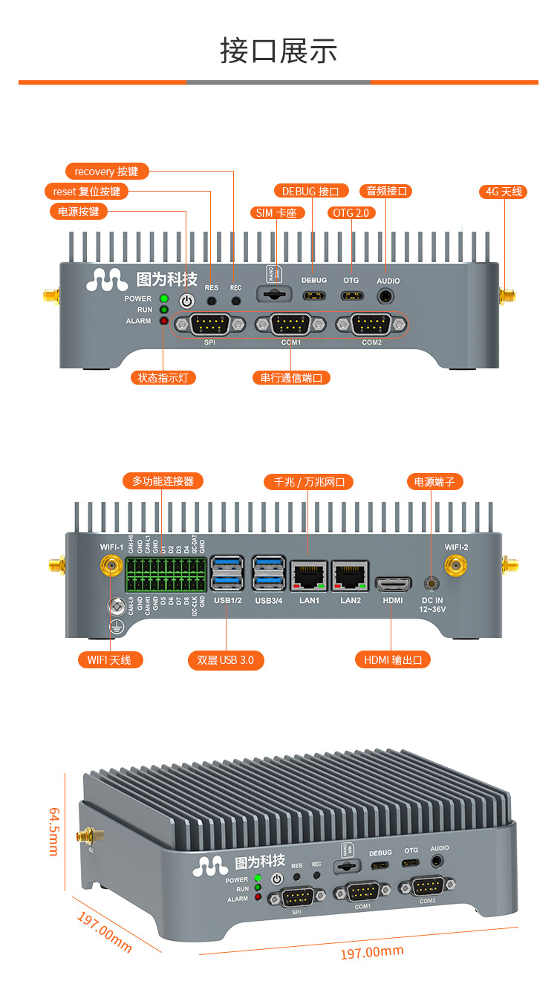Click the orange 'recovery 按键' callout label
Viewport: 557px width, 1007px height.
(x=107, y=172)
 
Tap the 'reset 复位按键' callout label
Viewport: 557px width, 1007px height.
(x=86, y=192)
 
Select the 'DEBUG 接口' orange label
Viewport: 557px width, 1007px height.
(x=310, y=192)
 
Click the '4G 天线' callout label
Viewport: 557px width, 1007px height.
(x=504, y=192)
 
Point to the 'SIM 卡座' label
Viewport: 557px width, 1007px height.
(x=276, y=213)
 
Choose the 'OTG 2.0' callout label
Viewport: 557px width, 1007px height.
(x=351, y=213)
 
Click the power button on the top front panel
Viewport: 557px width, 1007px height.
(x=186, y=301)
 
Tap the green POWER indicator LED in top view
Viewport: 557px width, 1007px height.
(x=164, y=299)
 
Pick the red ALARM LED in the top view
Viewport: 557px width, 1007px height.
(x=164, y=321)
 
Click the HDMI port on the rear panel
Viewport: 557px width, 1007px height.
(x=393, y=583)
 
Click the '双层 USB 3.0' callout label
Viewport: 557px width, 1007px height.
(x=226, y=659)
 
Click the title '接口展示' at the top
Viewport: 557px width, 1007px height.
(x=278, y=50)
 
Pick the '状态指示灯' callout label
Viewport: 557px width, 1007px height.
(x=163, y=377)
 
